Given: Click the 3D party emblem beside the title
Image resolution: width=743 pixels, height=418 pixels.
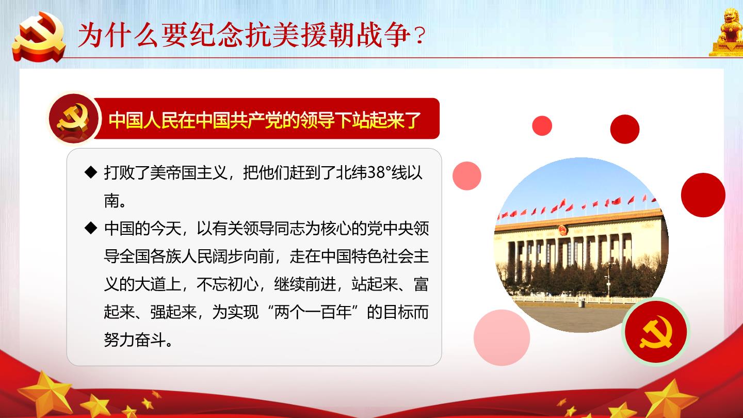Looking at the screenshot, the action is pos(39,37).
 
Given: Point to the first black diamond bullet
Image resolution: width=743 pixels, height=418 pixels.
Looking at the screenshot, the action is pos(91,172).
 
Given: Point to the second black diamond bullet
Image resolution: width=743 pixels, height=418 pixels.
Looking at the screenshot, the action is pos(91,228).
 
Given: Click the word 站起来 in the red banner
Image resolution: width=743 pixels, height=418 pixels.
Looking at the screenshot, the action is pos(378,120).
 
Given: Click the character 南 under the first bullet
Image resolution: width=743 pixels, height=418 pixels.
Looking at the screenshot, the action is pos(112,200).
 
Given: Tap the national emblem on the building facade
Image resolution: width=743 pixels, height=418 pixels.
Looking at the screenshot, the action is pos(562,230).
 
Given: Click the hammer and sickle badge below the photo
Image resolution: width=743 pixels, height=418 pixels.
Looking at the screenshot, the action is pos(656,332).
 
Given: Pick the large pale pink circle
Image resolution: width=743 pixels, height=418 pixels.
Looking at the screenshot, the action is pos(502,337).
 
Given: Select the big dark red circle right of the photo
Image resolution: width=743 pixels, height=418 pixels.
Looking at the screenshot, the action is pos(703,195).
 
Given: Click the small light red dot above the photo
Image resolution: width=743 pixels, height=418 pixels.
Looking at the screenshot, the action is pos(542,126).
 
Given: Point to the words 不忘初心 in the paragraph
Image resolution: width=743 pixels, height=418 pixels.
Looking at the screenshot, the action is pos(227,284).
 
